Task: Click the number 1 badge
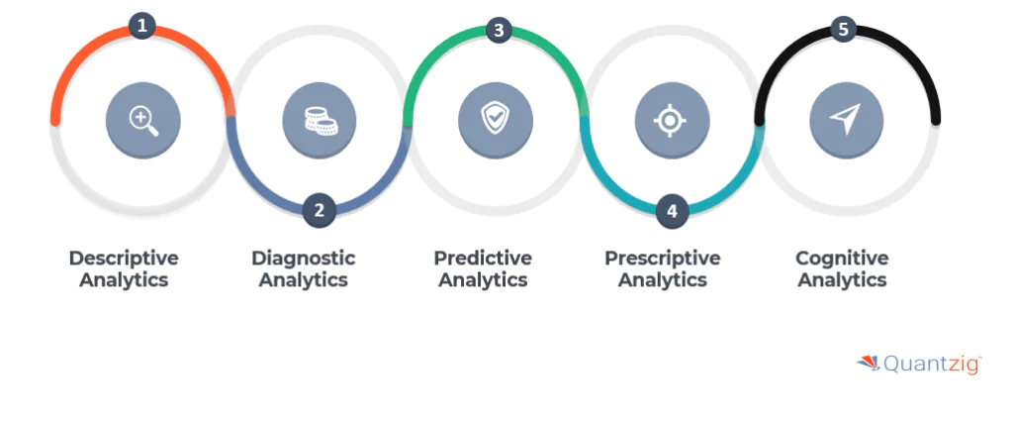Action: coord(142,27)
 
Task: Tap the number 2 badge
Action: coord(320,211)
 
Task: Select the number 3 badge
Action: coord(499,30)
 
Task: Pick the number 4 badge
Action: coord(672,212)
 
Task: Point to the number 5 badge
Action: coord(843,29)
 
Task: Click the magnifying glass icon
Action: coord(143,121)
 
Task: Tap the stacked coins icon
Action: coord(321,121)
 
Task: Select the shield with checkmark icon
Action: coord(496,119)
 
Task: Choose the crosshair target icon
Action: coord(670,121)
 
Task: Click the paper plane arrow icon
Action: coord(845,119)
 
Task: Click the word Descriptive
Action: coord(124,259)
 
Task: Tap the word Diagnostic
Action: coord(304,259)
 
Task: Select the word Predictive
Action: coord(483,259)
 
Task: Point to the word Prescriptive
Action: coord(663,259)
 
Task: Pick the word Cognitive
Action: coord(843,259)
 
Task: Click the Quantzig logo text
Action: coord(932,364)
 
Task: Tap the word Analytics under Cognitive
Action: coord(843,280)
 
